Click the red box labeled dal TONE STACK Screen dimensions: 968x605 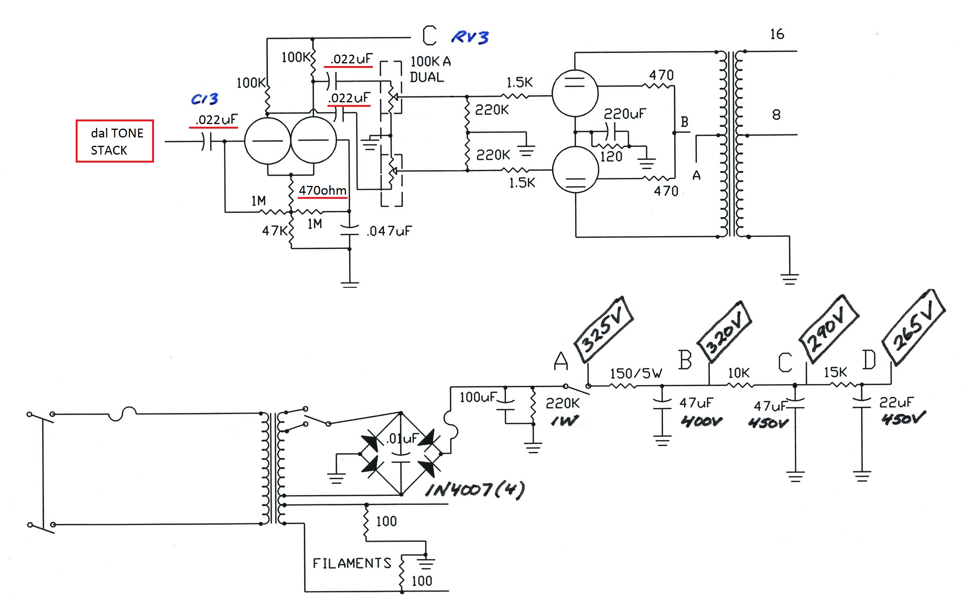[x=115, y=141]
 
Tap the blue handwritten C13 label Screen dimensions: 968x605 [x=205, y=99]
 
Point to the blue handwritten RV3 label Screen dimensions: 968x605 [x=470, y=37]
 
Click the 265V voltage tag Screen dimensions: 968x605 [x=914, y=326]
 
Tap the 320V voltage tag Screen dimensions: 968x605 [x=724, y=331]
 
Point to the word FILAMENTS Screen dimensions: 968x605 [x=352, y=563]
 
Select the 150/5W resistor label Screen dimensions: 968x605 [x=636, y=373]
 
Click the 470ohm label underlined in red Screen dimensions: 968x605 [x=323, y=190]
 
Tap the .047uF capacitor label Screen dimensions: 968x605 [x=389, y=231]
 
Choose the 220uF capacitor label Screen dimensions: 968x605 [x=625, y=114]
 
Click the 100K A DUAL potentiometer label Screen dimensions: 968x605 [x=430, y=69]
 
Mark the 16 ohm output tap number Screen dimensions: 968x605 [x=777, y=34]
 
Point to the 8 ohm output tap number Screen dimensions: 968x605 [x=776, y=115]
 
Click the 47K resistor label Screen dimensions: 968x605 [x=274, y=231]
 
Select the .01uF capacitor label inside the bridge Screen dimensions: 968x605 [x=401, y=439]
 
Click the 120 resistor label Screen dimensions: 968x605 [x=611, y=156]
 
